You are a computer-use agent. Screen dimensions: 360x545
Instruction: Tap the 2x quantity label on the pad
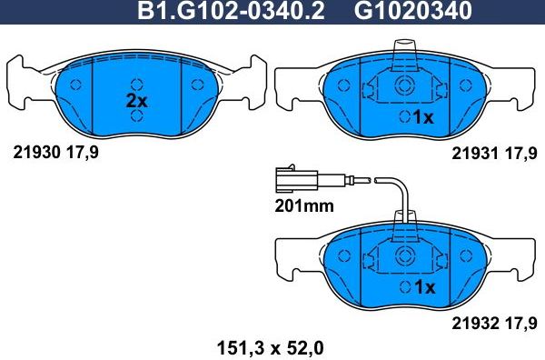136,102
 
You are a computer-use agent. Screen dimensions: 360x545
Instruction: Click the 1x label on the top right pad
424,117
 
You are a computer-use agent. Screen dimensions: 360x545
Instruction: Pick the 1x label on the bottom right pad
424,286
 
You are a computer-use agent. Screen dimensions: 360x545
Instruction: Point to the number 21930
34,153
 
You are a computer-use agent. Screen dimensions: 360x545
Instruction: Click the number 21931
474,155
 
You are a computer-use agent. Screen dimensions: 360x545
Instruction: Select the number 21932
474,321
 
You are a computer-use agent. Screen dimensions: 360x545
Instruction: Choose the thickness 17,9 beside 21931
520,155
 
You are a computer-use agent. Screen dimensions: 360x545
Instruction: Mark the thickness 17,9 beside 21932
520,321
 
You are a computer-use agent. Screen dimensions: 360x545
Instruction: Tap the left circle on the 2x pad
76,85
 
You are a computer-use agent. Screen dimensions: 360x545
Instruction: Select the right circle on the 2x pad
197,85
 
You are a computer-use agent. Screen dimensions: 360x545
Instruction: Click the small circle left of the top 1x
403,117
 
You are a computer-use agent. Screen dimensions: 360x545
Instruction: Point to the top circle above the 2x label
136,76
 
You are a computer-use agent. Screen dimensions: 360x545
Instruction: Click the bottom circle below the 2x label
136,118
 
